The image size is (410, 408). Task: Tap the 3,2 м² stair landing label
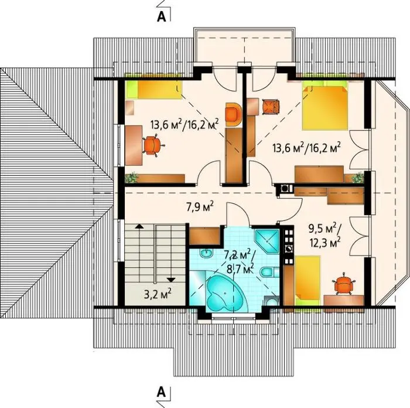click(158, 294)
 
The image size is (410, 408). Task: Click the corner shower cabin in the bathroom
click(267, 242)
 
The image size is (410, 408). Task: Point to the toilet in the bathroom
click(269, 271)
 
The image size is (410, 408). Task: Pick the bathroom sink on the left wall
click(207, 253)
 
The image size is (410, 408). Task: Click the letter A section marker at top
click(162, 16)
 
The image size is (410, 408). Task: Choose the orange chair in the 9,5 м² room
click(343, 283)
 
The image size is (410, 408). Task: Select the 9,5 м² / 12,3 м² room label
click(324, 235)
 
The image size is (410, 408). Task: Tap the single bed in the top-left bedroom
click(153, 90)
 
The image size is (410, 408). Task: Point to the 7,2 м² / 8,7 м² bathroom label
click(239, 261)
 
